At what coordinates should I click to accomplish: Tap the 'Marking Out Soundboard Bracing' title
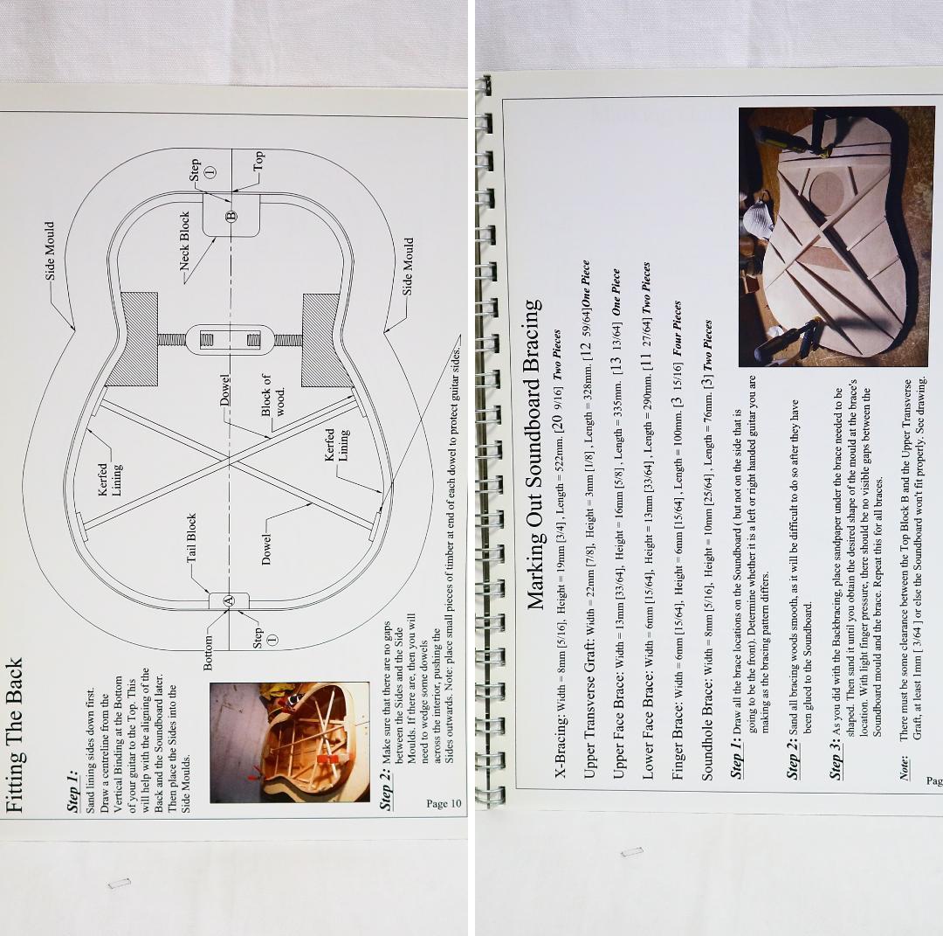[534, 454]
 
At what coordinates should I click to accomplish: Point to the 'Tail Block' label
[191, 537]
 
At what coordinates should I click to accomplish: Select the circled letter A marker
[228, 600]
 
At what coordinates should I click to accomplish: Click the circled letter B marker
[231, 216]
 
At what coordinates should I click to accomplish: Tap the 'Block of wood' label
[272, 396]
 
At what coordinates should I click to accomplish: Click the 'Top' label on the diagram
[258, 160]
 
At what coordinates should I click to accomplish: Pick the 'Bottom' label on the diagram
[208, 653]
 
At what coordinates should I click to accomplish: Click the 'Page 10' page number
[444, 803]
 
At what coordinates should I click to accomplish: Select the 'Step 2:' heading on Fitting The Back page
[386, 788]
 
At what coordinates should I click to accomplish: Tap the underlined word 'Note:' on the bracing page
[905, 769]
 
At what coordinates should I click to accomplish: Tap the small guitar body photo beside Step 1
[289, 742]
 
